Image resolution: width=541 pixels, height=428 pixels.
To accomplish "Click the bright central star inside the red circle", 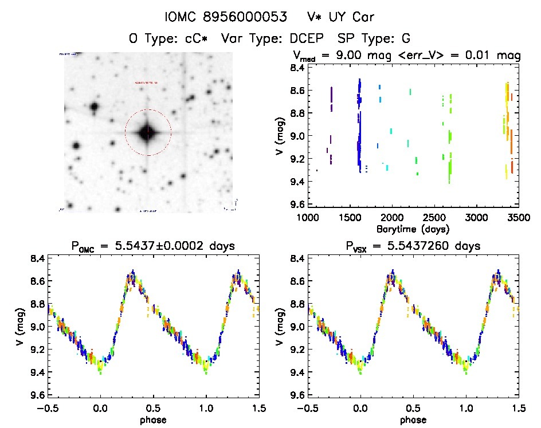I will [148, 132].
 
